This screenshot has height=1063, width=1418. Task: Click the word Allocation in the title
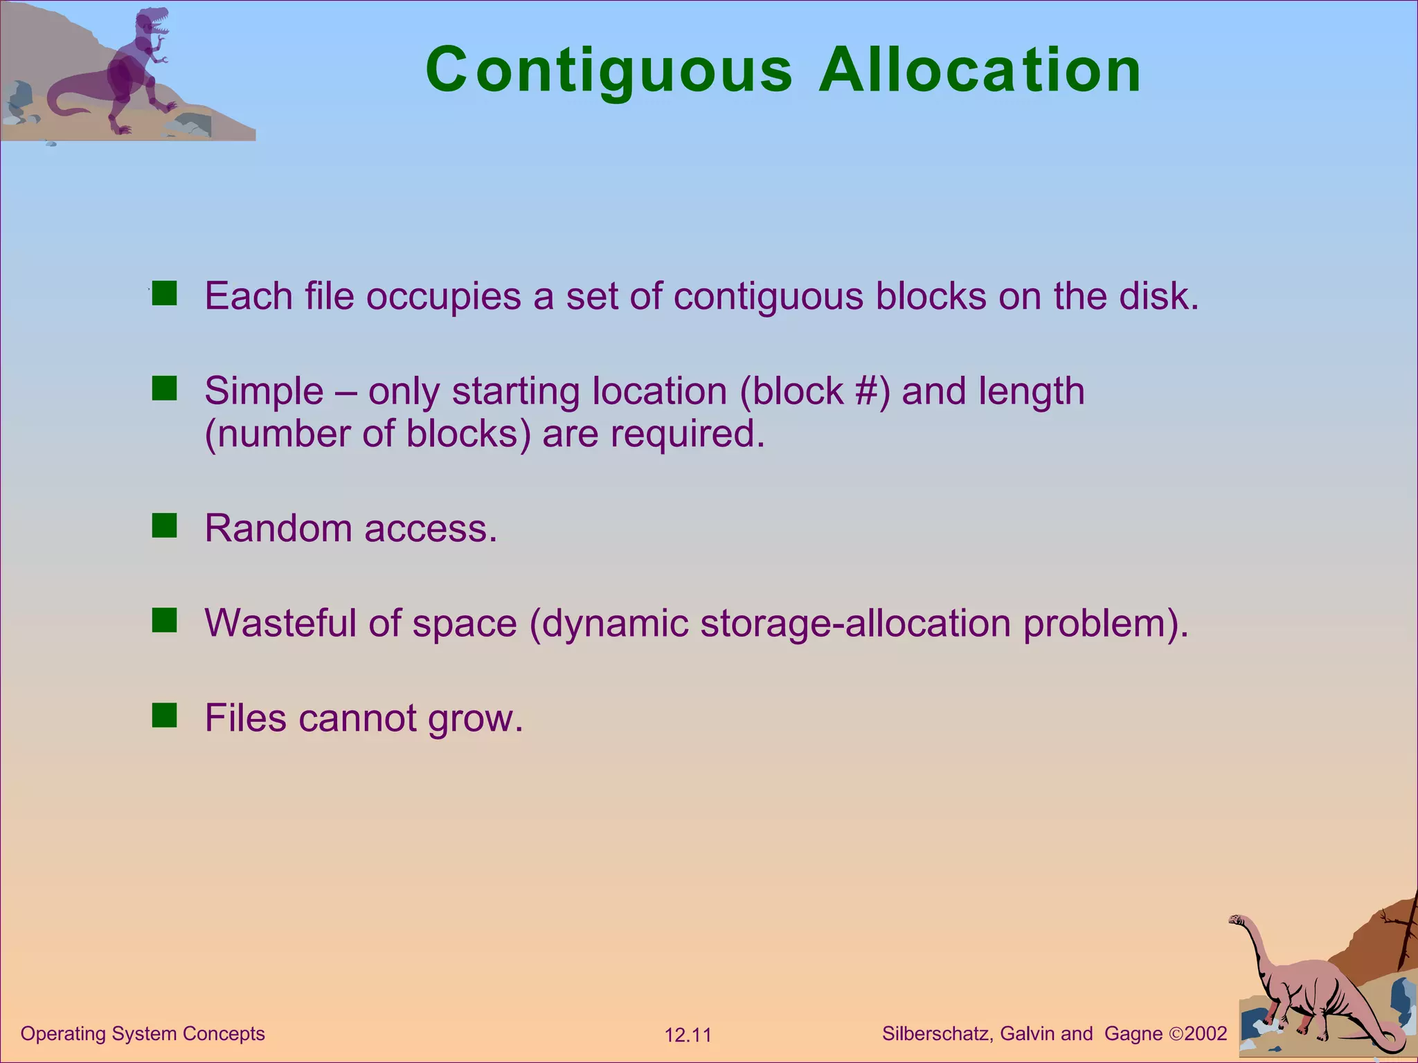[980, 71]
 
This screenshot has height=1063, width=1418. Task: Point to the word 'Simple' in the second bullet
[264, 391]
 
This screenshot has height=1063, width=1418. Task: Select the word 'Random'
[278, 529]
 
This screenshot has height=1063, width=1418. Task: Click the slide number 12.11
[688, 1035]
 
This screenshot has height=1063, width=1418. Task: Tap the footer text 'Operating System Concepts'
[143, 1033]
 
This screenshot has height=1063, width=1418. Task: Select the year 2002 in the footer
[1205, 1033]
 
